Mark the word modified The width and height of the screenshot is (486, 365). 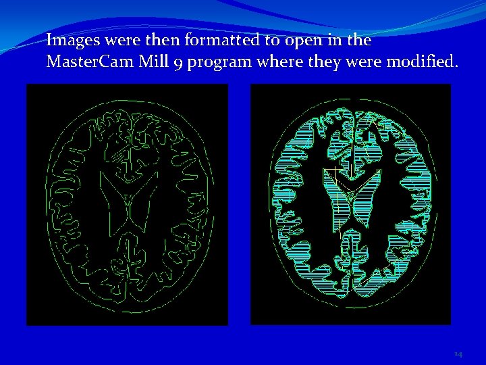pos(423,62)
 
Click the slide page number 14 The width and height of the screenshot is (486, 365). pos(458,354)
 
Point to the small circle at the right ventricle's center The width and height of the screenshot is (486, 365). pos(350,195)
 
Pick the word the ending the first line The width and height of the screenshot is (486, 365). pos(355,40)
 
